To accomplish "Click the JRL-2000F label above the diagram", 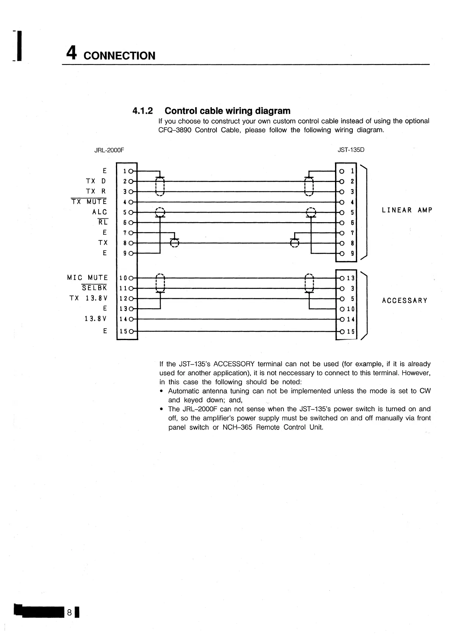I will click(109, 150).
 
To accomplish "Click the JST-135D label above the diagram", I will click(351, 150).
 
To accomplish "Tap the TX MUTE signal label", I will click(89, 202).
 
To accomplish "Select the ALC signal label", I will click(100, 212).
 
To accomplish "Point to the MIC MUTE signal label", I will click(87, 277).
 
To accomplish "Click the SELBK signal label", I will click(94, 288).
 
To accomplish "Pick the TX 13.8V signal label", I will click(89, 298).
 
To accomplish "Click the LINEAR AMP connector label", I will click(407, 210).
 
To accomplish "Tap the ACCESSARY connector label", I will click(405, 301).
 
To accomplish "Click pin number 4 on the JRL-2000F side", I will click(125, 202).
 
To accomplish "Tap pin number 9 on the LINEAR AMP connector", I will click(352, 254).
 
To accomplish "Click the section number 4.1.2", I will click(143, 111).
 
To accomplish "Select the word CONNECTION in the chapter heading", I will click(119, 56).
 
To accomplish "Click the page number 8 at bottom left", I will click(70, 611).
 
